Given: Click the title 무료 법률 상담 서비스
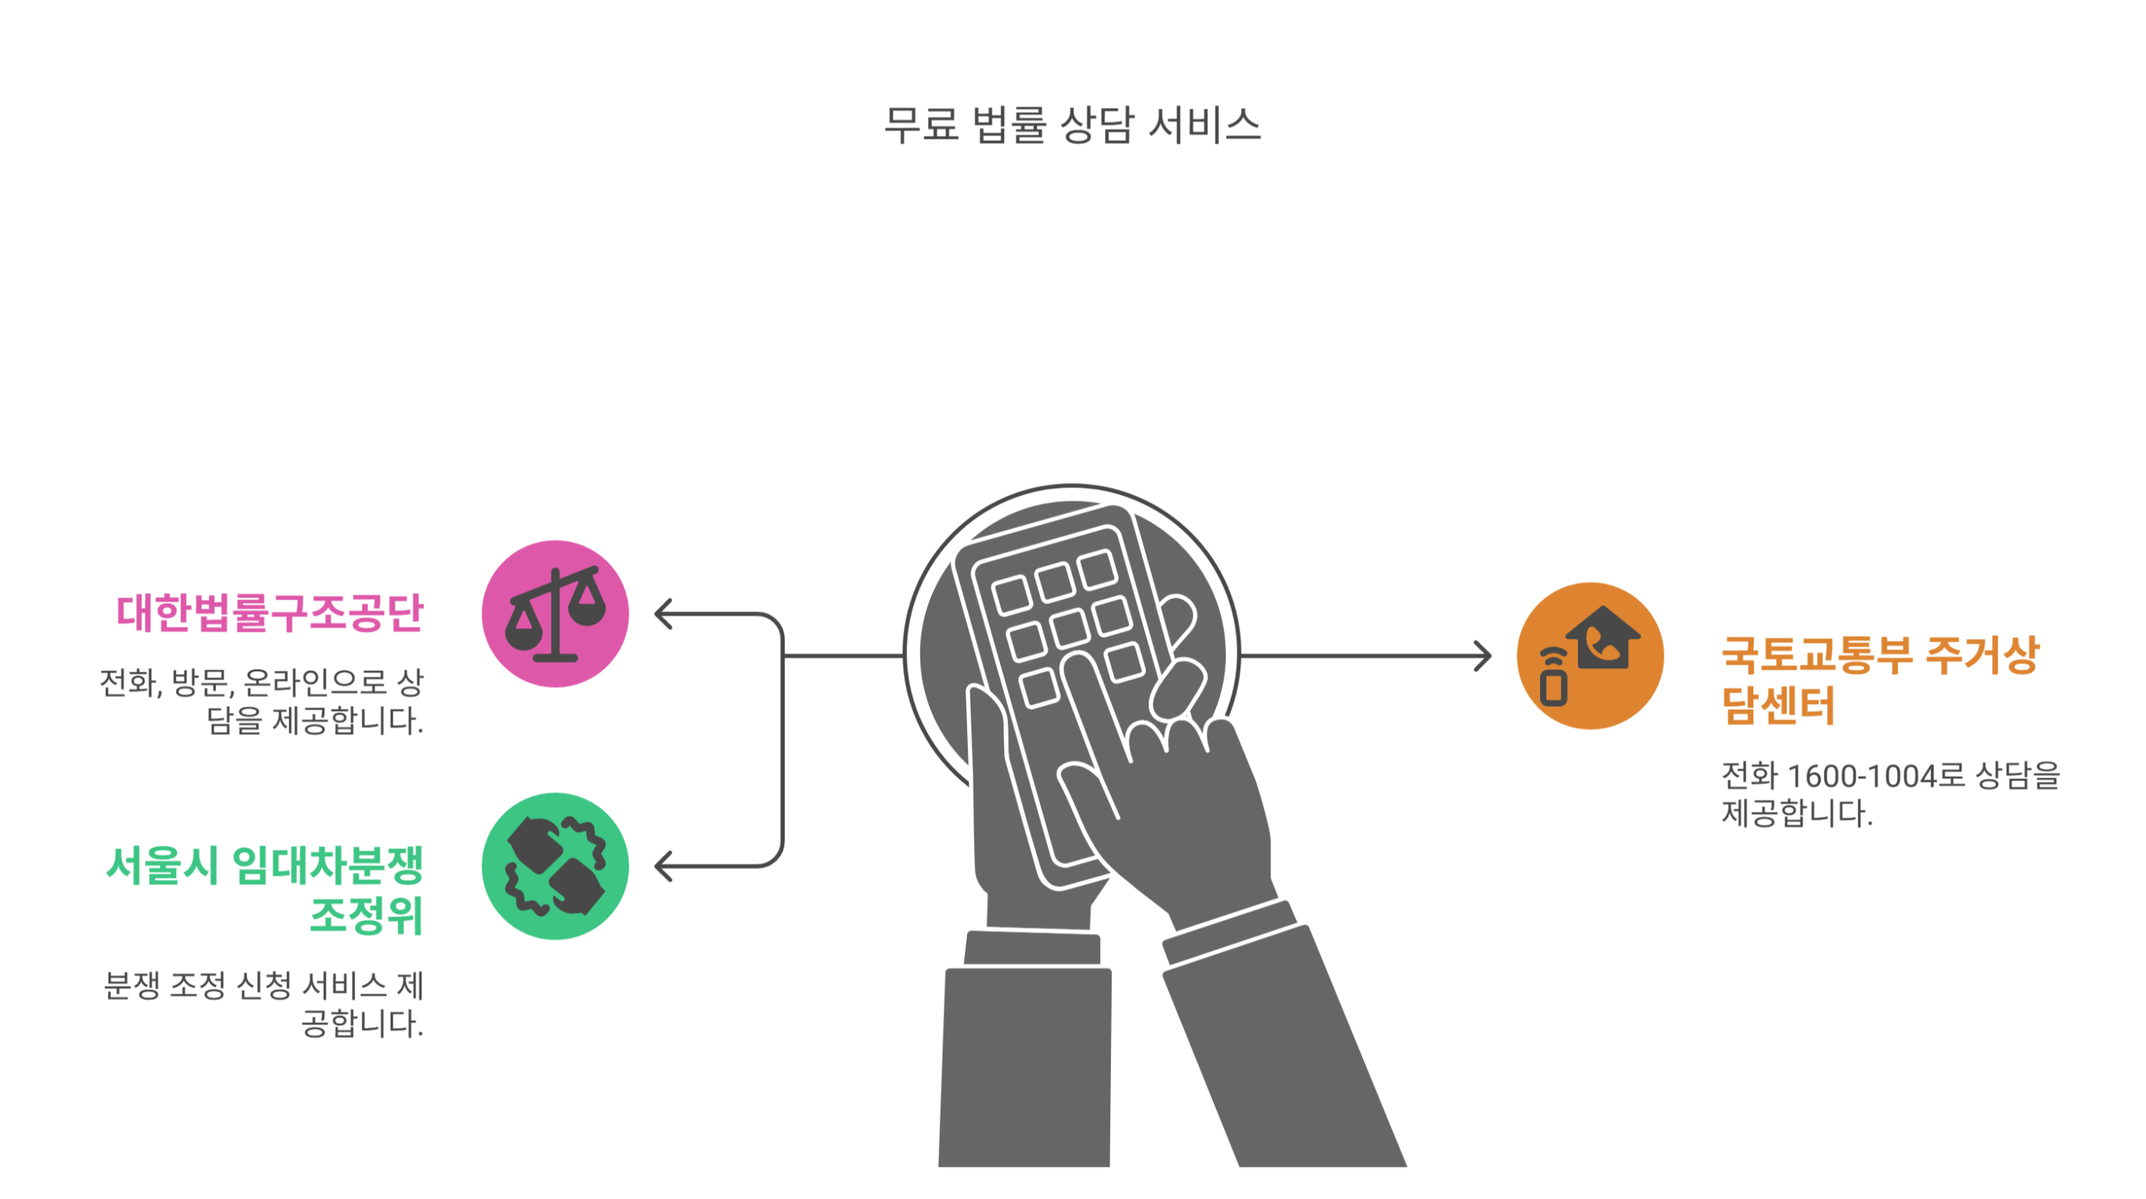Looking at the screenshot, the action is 1072,126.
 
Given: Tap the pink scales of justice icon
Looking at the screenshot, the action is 555,614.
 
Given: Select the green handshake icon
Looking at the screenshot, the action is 555,866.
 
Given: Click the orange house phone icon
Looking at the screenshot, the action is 1589,656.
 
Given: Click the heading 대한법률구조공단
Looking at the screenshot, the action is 269,612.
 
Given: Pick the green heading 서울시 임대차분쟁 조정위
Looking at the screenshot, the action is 265,890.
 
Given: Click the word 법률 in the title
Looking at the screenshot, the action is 1009,126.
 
